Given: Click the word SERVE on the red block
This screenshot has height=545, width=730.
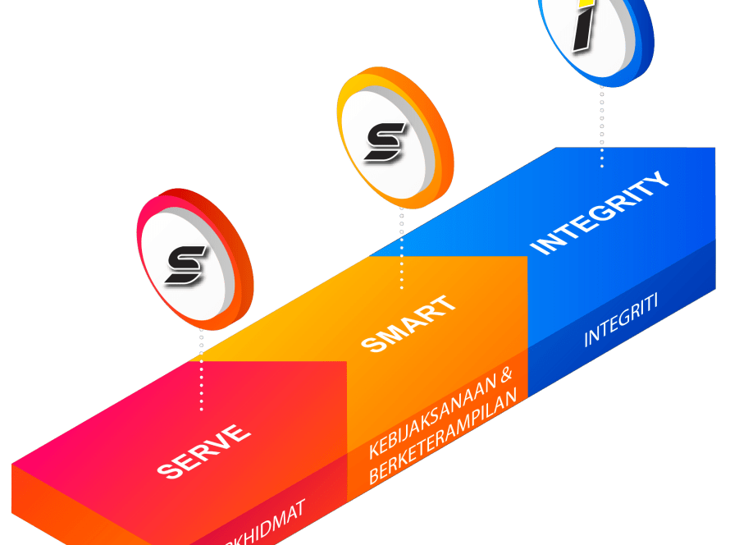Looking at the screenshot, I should tap(203, 451).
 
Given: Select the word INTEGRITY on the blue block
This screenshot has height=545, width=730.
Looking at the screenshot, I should tap(601, 213).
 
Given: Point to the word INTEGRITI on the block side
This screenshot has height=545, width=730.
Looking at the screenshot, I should tap(621, 325).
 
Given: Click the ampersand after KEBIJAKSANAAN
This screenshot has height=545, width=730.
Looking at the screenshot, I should tap(506, 377).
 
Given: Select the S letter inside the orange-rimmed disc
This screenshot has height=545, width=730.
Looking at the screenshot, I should tap(385, 141).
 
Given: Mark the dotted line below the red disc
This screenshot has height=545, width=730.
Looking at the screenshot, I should tap(201, 369).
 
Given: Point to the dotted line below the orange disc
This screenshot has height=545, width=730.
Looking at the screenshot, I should tap(401, 246).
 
